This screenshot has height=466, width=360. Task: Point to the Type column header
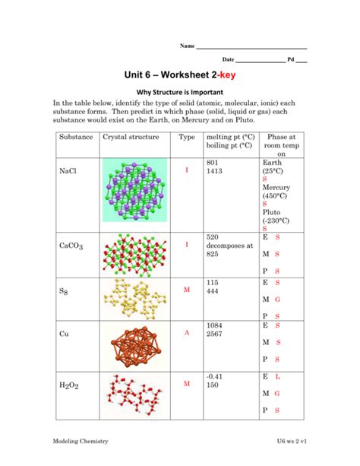pos(186,137)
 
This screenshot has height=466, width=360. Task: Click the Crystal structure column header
pos(131,137)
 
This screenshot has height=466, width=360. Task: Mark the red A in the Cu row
pos(186,334)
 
